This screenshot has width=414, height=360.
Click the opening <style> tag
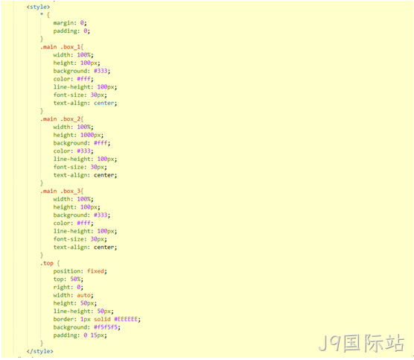38,7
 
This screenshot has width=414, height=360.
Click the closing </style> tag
40,351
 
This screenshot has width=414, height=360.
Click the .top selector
47,263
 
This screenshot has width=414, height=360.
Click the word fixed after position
95,271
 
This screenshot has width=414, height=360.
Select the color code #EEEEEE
126,319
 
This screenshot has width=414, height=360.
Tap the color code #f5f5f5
106,327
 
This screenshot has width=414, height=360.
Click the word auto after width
83,295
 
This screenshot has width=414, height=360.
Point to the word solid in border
102,319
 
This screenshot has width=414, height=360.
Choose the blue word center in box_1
104,103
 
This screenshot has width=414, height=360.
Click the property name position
67,271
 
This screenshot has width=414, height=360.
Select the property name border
63,319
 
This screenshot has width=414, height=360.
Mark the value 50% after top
75,279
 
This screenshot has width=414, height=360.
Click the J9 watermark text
361,343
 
